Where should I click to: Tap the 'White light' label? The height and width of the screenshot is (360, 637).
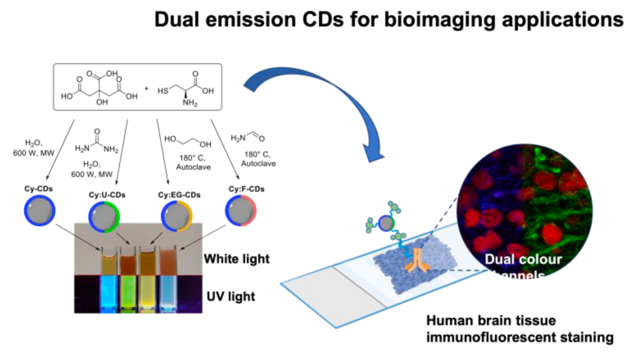click(237, 260)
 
